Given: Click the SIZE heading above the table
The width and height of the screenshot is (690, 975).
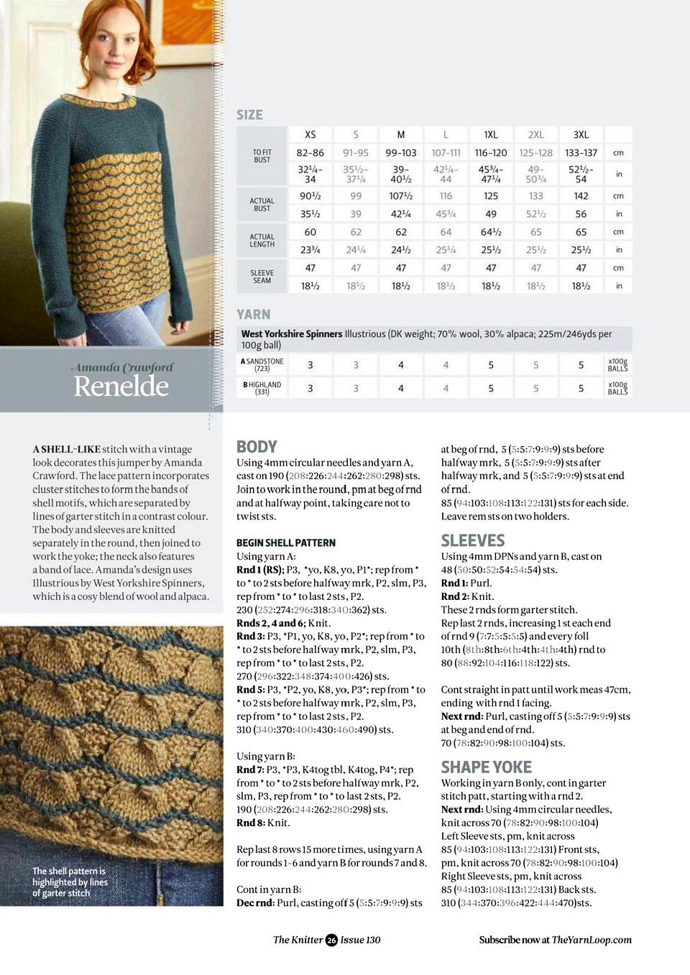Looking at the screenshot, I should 249,115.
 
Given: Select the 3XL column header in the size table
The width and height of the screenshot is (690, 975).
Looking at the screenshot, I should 581,134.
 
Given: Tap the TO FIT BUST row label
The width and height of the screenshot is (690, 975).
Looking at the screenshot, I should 262,156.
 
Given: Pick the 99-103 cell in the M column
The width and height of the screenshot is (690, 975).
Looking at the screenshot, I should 400,153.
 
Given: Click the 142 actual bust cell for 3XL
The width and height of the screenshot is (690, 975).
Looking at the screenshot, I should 581,196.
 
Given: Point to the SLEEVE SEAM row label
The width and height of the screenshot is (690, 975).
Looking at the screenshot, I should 262,277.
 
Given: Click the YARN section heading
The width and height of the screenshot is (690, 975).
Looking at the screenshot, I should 253,315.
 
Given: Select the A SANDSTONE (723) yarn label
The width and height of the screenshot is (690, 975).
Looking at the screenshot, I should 262,365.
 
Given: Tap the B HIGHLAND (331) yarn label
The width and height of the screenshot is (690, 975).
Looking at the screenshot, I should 262,388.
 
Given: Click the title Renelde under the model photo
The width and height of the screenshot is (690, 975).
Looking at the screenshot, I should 121,387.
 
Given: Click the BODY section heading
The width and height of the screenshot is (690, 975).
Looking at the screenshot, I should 257,447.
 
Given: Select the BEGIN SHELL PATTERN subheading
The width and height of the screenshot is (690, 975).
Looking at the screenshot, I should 285,543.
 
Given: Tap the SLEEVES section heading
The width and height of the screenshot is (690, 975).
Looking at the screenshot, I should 472,540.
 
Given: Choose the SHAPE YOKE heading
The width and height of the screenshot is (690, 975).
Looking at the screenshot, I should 486,767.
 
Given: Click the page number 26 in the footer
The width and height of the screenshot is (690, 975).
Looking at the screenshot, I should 331,940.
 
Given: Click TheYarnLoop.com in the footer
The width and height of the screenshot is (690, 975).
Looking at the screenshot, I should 592,940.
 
